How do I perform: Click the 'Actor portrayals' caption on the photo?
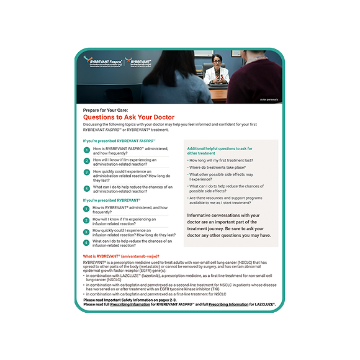pyautogui.click(x=268, y=100)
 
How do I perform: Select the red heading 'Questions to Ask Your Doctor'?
pyautogui.click(x=128, y=117)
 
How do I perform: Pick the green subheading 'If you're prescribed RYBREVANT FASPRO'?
pyautogui.click(x=119, y=141)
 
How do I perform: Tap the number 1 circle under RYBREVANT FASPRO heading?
pyautogui.click(x=87, y=151)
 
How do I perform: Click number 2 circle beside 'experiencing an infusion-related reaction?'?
pyautogui.click(x=87, y=221)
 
